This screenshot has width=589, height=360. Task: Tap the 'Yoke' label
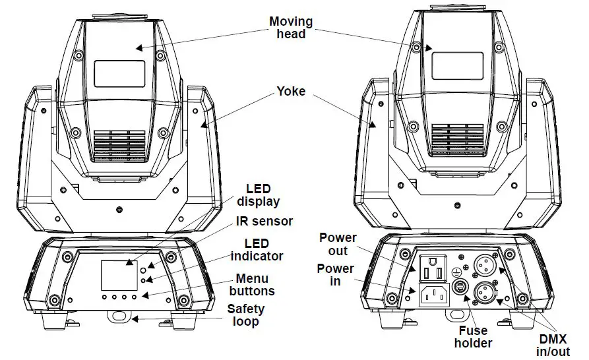(291, 91)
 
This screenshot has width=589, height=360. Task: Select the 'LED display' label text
(258, 195)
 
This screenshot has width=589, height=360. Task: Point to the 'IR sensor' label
(264, 222)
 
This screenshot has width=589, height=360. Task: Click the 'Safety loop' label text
(246, 315)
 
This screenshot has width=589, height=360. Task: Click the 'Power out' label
(338, 243)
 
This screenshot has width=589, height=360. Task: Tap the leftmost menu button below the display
(105, 298)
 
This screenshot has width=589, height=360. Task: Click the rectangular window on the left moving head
(119, 73)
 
